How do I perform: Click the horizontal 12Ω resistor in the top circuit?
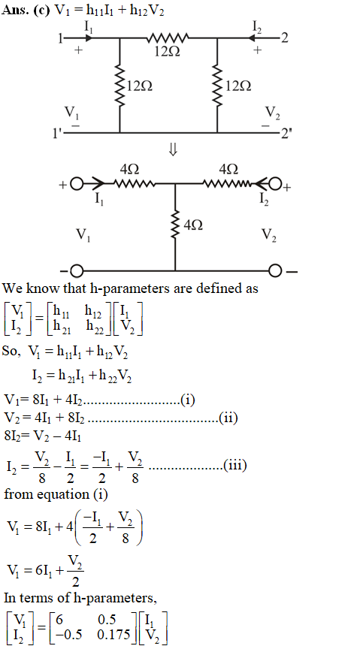tap(168, 38)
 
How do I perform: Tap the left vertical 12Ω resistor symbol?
tap(120, 86)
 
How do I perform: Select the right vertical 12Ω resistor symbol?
tap(217, 86)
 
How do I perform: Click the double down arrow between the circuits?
tap(173, 150)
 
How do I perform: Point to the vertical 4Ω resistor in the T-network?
tap(175, 225)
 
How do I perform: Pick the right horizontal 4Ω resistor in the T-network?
tap(228, 183)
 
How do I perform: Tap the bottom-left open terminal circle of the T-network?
tap(76, 271)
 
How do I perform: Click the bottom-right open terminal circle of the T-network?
tap(275, 271)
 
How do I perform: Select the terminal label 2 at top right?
tap(284, 38)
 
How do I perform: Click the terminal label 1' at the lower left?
tap(58, 133)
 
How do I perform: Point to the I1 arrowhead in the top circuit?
tap(88, 38)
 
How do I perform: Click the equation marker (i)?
tap(188, 400)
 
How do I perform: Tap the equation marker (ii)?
tap(228, 418)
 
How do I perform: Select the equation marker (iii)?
tap(234, 465)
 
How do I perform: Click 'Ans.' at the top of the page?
tap(14, 10)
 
